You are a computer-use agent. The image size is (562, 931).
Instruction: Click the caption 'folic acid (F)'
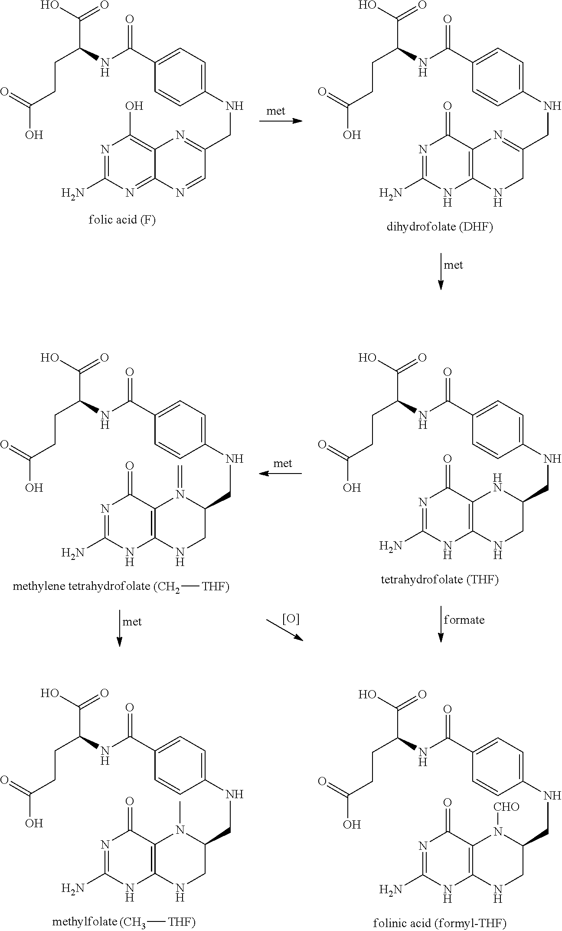(122, 220)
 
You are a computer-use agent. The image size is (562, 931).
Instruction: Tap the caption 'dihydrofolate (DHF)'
(440, 227)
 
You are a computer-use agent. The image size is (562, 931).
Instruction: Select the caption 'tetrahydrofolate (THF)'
(440, 580)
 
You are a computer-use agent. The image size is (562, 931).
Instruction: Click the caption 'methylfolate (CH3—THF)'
(124, 922)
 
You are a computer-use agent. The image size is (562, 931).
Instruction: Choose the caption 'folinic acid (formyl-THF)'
(440, 923)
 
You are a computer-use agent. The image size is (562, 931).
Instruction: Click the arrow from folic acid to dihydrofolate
(280, 121)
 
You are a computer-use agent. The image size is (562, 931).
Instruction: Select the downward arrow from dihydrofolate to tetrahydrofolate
(441, 271)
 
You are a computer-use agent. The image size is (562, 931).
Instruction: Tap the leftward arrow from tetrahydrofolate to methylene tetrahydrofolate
(280, 474)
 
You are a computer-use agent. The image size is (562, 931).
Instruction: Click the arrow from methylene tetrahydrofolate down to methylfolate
(120, 628)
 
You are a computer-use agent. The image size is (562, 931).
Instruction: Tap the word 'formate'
(464, 620)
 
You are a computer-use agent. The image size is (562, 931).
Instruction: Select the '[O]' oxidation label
(291, 619)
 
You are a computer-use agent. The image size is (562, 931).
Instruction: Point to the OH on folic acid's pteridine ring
(134, 106)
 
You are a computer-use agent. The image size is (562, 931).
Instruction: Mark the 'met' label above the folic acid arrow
(276, 111)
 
